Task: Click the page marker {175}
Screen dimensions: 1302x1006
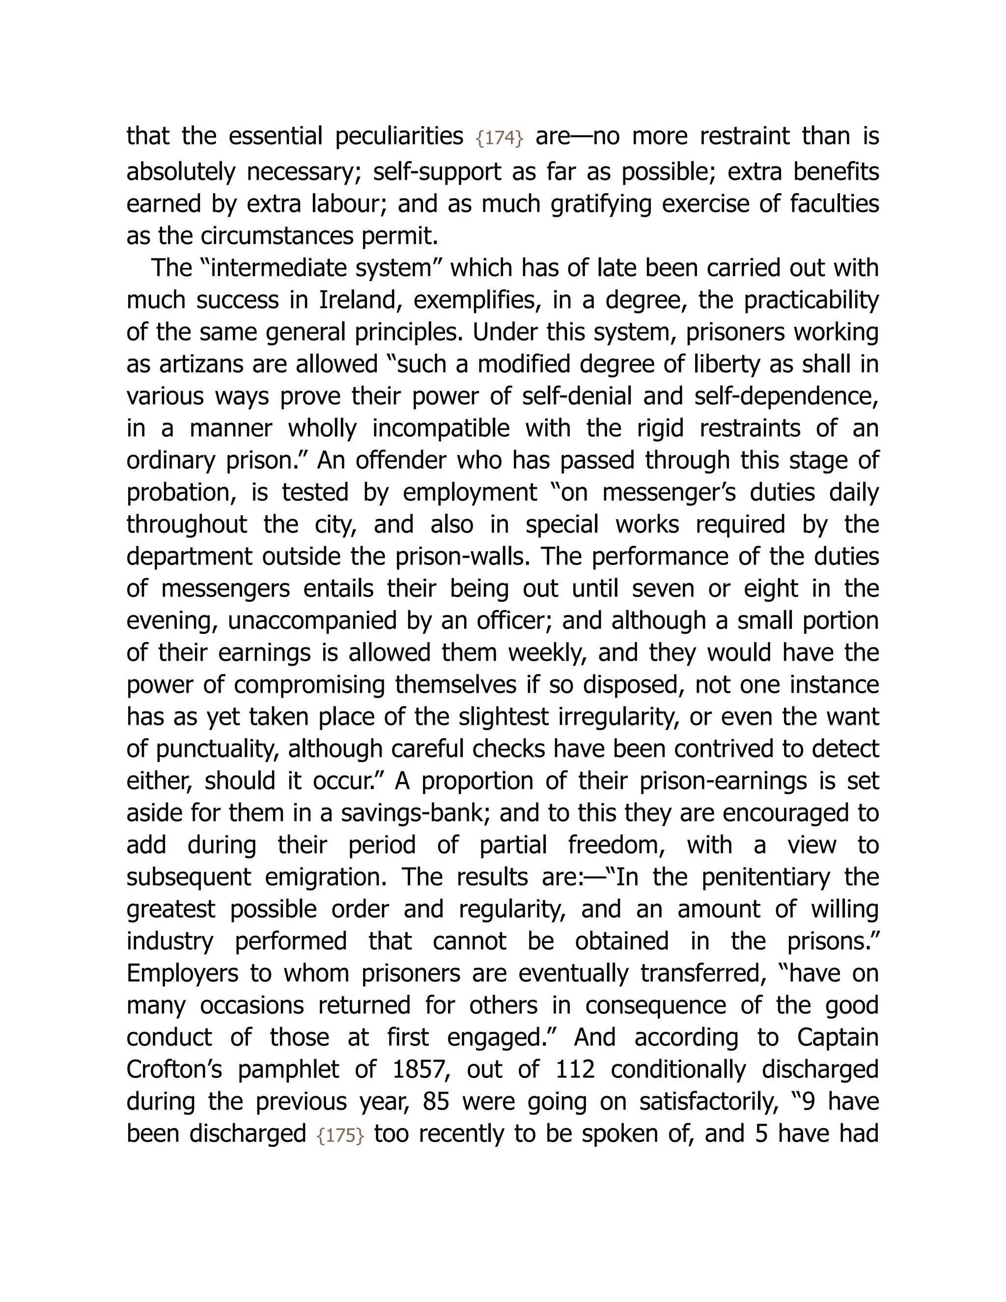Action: tap(340, 1135)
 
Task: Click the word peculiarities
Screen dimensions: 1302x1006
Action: tap(399, 137)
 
